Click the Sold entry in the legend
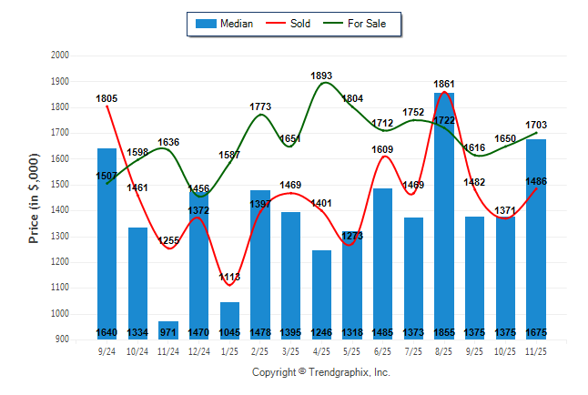tap(298, 24)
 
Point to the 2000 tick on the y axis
tap(60, 56)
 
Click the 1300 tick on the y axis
tap(60, 237)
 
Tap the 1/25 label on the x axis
tap(229, 351)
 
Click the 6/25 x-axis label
tap(382, 351)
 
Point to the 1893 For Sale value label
tap(321, 76)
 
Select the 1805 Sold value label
tap(107, 98)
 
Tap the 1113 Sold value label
tap(229, 278)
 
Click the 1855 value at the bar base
tap(443, 332)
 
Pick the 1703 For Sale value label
tap(535, 125)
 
